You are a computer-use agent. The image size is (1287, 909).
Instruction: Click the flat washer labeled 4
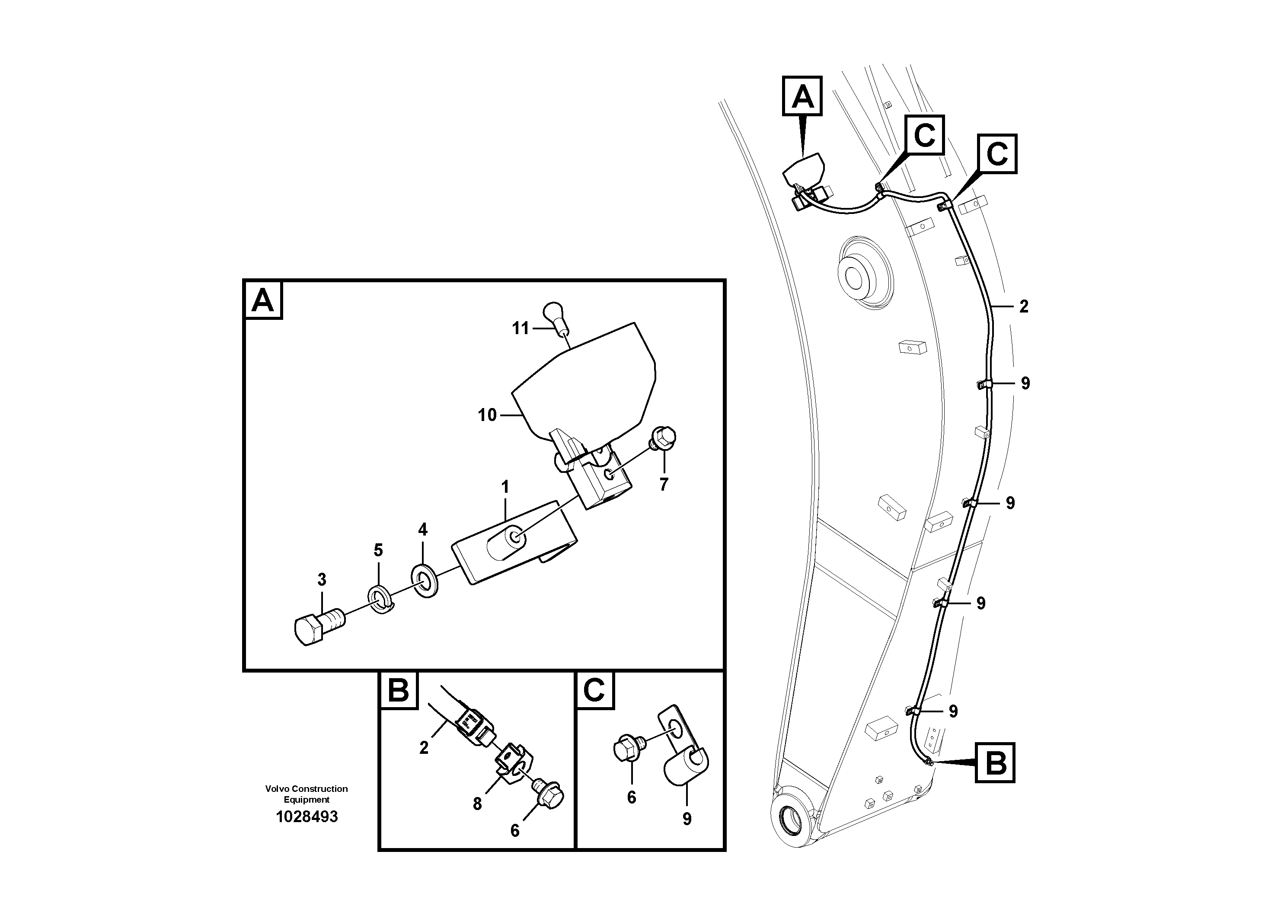click(x=425, y=581)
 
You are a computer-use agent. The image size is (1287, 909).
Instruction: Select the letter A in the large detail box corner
click(x=262, y=300)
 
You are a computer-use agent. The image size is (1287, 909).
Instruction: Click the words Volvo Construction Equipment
click(x=306, y=794)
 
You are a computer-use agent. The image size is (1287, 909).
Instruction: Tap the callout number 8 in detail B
click(x=476, y=804)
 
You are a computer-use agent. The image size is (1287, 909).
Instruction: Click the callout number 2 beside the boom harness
click(x=1024, y=306)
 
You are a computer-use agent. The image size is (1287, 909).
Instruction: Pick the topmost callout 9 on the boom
click(x=1025, y=383)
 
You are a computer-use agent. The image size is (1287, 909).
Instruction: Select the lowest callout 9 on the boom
click(x=953, y=711)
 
